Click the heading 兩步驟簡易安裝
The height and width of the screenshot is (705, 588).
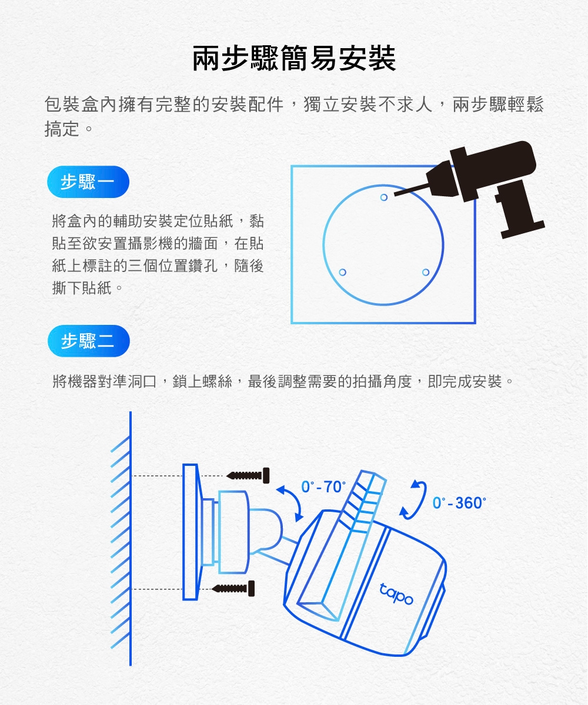pyautogui.click(x=294, y=58)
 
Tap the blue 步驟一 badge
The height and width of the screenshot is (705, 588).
pyautogui.click(x=88, y=182)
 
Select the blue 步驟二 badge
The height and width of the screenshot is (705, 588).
pyautogui.click(x=89, y=341)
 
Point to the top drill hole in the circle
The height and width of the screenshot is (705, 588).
pyautogui.click(x=384, y=197)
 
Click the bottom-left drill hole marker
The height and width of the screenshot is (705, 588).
pyautogui.click(x=342, y=272)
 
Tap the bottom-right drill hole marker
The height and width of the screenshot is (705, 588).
pyautogui.click(x=426, y=272)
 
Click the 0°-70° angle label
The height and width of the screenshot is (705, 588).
pyautogui.click(x=323, y=487)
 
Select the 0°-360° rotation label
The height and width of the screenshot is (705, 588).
pyautogui.click(x=459, y=503)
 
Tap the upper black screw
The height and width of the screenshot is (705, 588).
pyautogui.click(x=248, y=476)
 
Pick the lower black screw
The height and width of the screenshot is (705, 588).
pyautogui.click(x=233, y=589)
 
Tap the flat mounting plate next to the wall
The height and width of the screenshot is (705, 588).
pyautogui.click(x=191, y=532)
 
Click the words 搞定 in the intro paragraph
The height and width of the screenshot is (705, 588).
pyautogui.click(x=62, y=129)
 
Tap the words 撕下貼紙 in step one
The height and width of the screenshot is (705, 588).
pyautogui.click(x=82, y=288)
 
